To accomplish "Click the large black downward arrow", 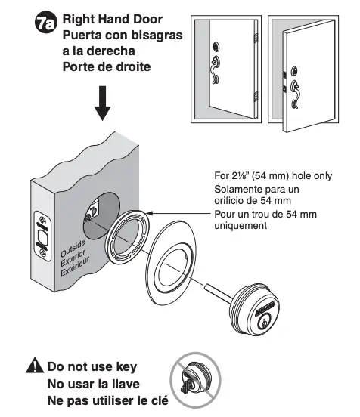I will pyautogui.click(x=104, y=103).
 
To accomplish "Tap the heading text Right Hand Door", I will pyautogui.click(x=113, y=17).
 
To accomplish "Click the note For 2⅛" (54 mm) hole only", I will pyautogui.click(x=272, y=176).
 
